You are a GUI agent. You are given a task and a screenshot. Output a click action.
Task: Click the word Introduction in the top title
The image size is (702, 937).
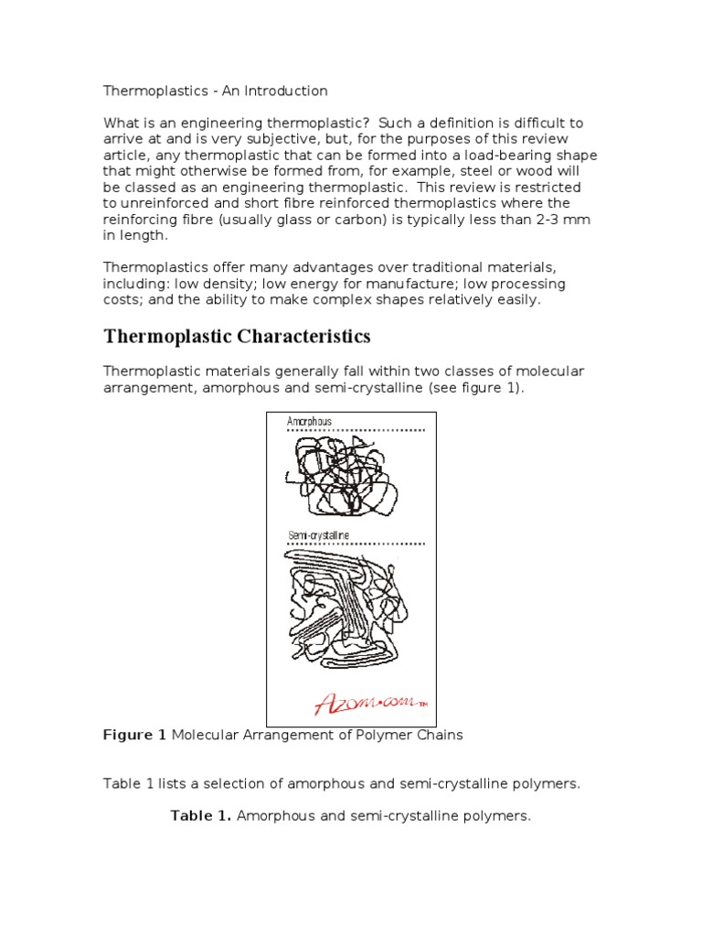[286, 91]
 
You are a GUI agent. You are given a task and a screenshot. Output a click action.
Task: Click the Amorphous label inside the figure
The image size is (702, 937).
[309, 422]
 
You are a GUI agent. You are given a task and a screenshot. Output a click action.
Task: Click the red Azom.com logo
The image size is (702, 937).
[366, 704]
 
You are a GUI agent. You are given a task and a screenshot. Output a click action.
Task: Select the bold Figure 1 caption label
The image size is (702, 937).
[135, 735]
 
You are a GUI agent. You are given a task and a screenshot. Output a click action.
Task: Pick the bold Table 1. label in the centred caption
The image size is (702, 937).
[200, 815]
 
